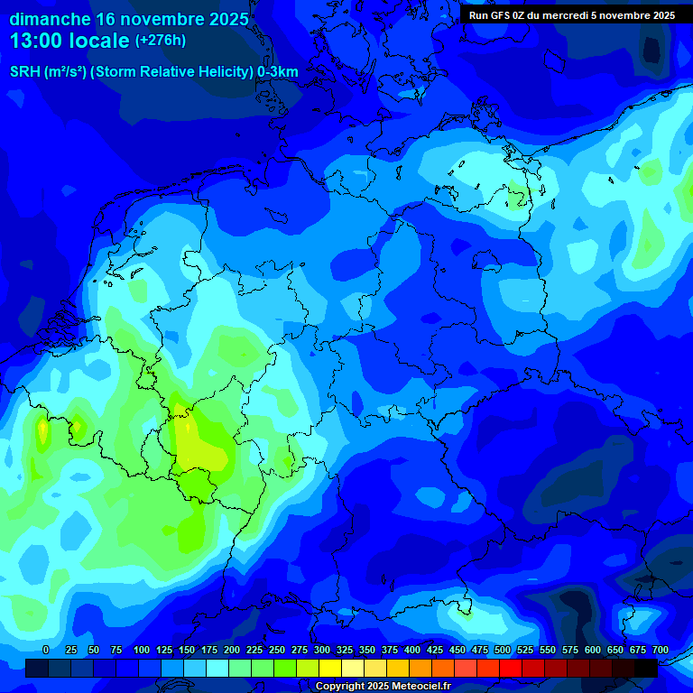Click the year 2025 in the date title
(220, 19)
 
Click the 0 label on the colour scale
(46, 650)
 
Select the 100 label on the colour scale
(142, 650)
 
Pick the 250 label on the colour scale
(277, 650)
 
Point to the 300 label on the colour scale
(322, 650)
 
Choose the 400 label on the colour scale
(412, 650)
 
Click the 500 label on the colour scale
(503, 650)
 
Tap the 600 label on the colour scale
(593, 650)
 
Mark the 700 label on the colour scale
(661, 650)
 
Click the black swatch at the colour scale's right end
(646, 668)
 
